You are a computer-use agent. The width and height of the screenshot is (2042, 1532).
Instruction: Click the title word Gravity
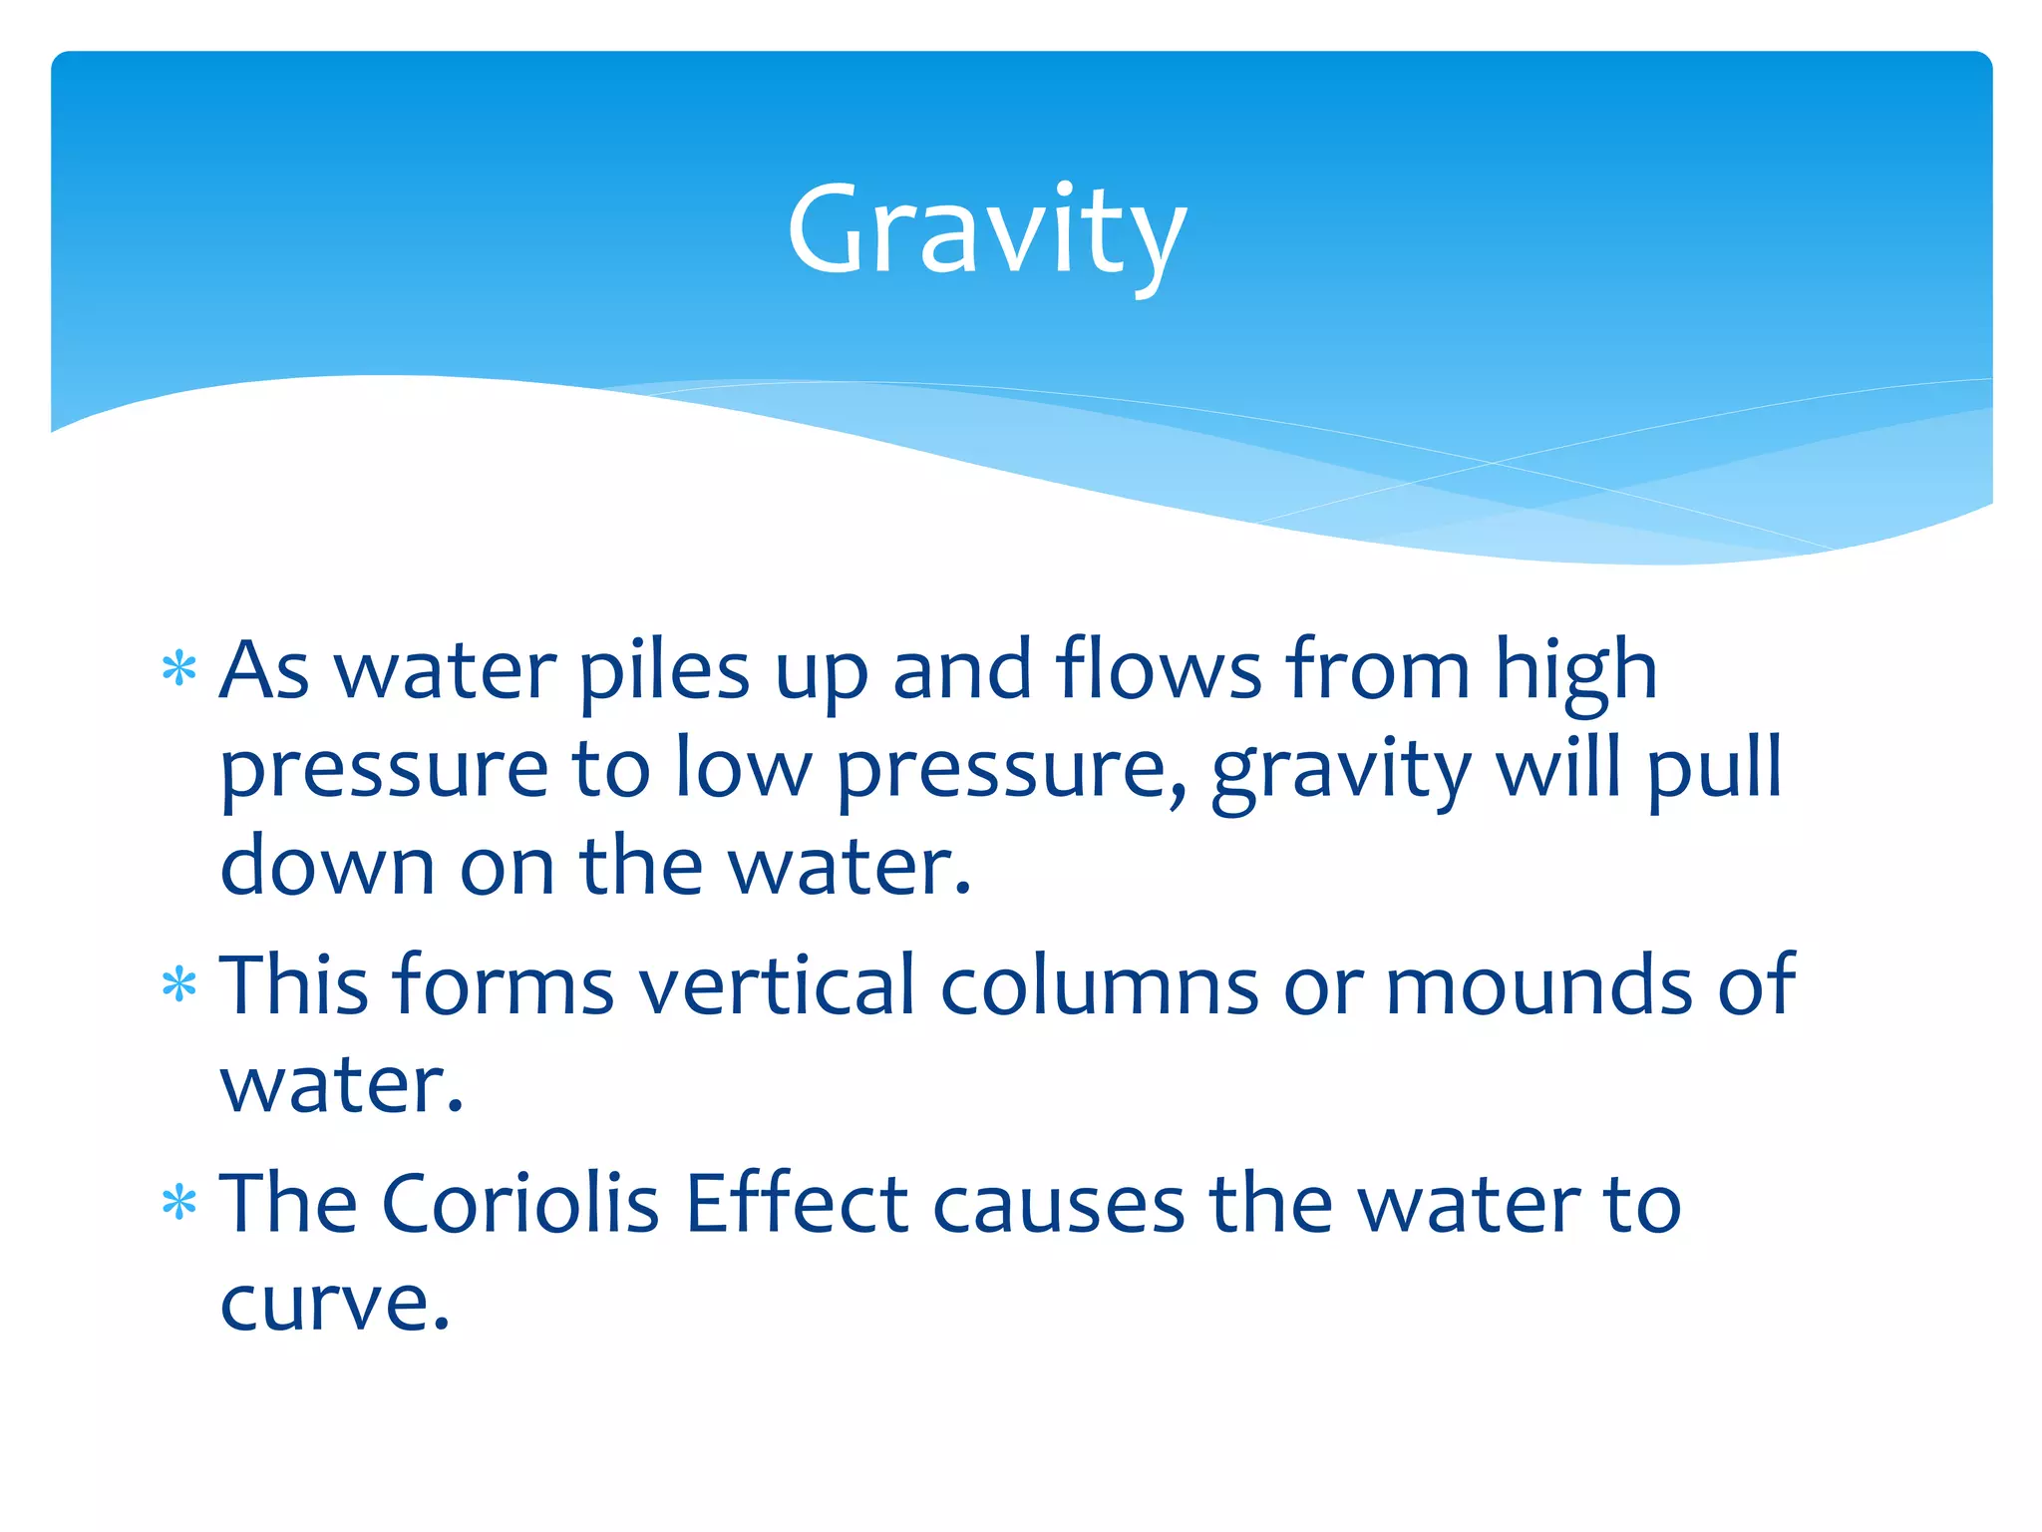(x=986, y=231)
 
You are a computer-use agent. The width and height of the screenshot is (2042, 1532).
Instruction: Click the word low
(x=743, y=768)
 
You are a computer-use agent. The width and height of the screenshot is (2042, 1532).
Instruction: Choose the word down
(x=327, y=866)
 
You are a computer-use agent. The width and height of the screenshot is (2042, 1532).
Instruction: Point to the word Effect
(x=797, y=1203)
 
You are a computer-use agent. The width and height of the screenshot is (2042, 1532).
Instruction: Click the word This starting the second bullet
(x=294, y=985)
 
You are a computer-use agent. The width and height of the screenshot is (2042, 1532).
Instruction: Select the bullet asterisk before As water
(x=179, y=670)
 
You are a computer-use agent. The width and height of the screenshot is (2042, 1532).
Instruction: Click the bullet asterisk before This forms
(x=179, y=986)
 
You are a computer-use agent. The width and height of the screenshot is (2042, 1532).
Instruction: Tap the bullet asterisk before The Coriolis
(x=179, y=1204)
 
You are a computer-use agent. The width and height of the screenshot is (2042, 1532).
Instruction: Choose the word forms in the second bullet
(x=504, y=985)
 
